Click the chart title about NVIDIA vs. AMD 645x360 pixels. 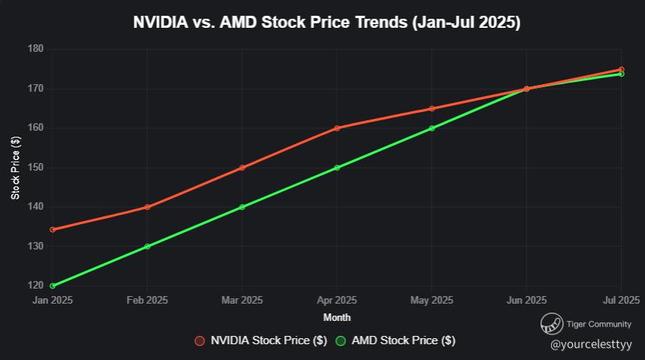326,23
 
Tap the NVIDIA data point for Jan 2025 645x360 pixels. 53,229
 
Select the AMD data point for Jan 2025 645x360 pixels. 53,286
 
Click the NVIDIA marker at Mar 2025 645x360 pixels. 242,168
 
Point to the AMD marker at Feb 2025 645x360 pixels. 147,247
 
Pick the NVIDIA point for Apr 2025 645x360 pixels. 337,128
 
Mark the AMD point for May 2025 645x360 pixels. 432,128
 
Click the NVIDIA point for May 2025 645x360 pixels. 432,109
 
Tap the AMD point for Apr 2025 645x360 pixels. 337,168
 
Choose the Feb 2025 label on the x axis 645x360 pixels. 147,301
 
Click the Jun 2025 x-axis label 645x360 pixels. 526,301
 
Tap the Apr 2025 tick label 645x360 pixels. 337,301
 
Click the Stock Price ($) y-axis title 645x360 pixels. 16,168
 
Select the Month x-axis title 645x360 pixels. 337,317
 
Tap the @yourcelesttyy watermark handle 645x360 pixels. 591,344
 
